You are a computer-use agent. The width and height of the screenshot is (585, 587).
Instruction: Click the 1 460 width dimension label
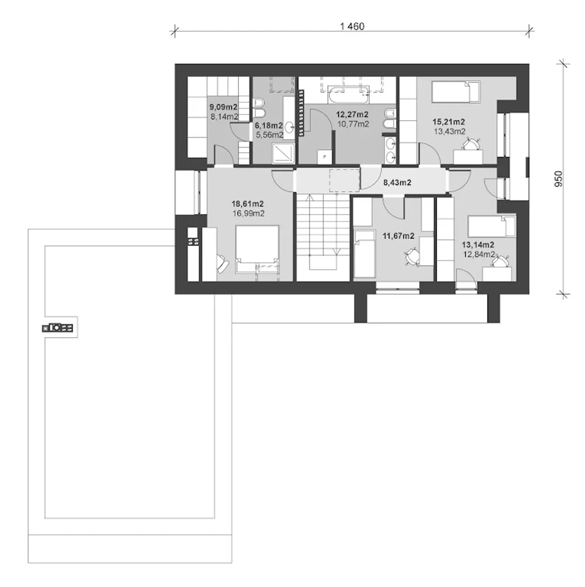pyautogui.click(x=352, y=26)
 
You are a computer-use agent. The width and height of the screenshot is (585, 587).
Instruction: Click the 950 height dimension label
pyautogui.click(x=558, y=179)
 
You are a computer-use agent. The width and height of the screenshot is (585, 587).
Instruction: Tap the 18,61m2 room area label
pyautogui.click(x=248, y=204)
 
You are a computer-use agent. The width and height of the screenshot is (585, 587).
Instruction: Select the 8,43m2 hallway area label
pyautogui.click(x=397, y=182)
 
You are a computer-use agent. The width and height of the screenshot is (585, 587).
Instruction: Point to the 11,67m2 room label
pyautogui.click(x=399, y=236)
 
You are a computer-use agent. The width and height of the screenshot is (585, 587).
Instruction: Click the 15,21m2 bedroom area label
pyautogui.click(x=449, y=122)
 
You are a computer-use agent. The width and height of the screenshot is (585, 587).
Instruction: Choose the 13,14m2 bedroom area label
pyautogui.click(x=478, y=244)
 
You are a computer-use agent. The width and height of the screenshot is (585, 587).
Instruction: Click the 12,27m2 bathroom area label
pyautogui.click(x=352, y=115)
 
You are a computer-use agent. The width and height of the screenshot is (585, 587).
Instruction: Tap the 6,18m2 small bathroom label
pyautogui.click(x=269, y=126)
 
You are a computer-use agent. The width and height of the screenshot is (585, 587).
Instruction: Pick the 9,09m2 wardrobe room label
pyautogui.click(x=223, y=107)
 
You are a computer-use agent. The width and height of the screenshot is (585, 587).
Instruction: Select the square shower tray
pyautogui.click(x=283, y=152)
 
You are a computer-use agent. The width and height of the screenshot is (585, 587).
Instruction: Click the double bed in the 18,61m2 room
pyautogui.click(x=257, y=249)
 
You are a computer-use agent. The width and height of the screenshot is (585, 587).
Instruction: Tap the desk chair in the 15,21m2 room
pyautogui.click(x=472, y=144)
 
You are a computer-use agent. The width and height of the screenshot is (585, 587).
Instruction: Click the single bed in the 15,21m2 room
pyautogui.click(x=456, y=91)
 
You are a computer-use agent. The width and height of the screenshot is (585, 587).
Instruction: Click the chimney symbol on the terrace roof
pyautogui.click(x=58, y=328)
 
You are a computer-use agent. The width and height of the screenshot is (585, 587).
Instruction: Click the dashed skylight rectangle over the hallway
pyautogui.click(x=344, y=180)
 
